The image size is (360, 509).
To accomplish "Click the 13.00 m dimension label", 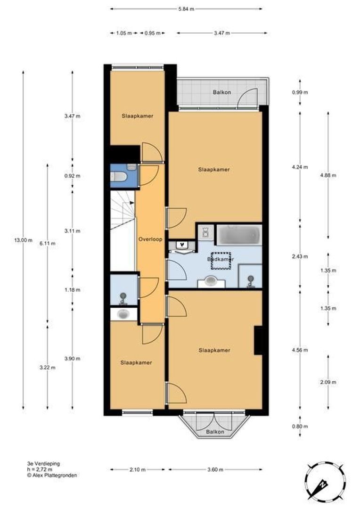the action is click(x=23, y=240).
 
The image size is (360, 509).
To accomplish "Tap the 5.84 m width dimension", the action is click(x=186, y=9).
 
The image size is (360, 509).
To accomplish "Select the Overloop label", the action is click(x=150, y=239).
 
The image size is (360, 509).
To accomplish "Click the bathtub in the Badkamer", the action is click(x=239, y=235).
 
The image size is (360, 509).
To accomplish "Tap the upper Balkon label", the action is click(x=222, y=92).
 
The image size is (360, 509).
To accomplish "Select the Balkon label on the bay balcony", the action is click(x=215, y=432).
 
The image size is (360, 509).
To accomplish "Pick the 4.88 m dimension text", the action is click(x=328, y=175).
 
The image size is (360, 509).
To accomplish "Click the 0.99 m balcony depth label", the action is click(x=300, y=92).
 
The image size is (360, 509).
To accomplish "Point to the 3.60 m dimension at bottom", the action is click(x=215, y=469).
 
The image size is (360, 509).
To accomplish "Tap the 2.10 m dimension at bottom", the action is click(x=138, y=469).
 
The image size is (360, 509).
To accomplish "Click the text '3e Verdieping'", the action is click(x=43, y=464).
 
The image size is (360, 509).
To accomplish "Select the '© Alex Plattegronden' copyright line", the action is click(x=52, y=475).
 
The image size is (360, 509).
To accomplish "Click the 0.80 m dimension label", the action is click(x=300, y=427).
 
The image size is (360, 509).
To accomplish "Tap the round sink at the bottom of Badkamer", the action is click(x=211, y=281).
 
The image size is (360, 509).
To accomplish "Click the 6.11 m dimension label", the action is click(x=48, y=244).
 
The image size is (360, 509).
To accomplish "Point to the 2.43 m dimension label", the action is click(x=300, y=256).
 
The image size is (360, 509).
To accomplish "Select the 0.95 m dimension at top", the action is click(x=153, y=33).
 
